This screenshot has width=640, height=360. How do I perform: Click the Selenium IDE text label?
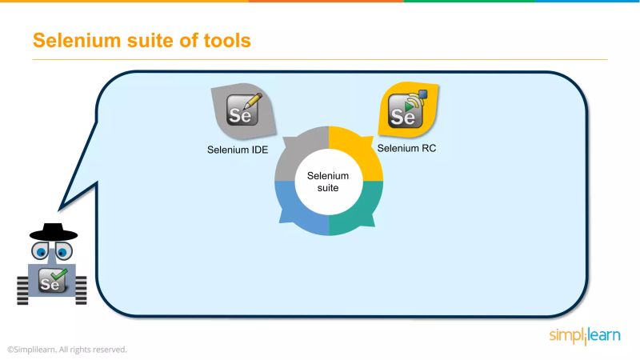(237, 150)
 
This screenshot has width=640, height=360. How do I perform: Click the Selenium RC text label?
(406, 148)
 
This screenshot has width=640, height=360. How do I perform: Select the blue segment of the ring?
(300, 210)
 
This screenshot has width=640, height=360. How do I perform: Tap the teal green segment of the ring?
(358, 210)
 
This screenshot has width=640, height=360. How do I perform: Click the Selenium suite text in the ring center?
(329, 182)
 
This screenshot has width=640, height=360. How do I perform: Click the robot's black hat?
(53, 231)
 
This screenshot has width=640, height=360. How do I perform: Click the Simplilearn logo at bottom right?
(583, 336)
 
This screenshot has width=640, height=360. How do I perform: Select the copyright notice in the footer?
(68, 350)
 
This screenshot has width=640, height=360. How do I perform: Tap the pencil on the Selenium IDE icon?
(253, 102)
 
